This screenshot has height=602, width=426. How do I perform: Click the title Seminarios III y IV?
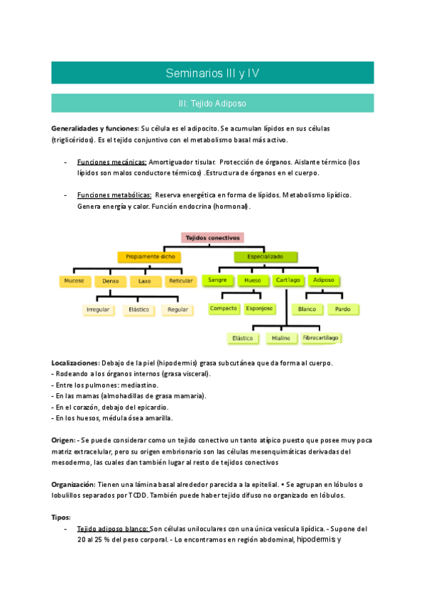coord(212,73)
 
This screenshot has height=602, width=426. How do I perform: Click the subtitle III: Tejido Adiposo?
coord(212,103)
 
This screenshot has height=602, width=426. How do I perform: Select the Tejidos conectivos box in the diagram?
coord(213,238)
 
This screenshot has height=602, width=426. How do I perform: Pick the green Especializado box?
coord(265,256)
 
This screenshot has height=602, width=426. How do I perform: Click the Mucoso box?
coord(75,280)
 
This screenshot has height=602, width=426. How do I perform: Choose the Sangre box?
coord(217,280)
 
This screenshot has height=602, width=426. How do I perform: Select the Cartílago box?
coord(288,280)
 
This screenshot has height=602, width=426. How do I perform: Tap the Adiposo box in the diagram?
coord(324,280)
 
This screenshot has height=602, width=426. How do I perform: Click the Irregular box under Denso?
coord(98,310)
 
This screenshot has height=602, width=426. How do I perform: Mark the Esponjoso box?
coord(260,309)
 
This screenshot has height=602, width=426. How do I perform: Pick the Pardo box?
coord(343,310)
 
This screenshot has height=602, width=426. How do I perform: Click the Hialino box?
coord(281,338)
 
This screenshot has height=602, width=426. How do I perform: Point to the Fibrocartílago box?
coord(321,338)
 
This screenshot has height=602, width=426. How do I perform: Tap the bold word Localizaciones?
coord(75,363)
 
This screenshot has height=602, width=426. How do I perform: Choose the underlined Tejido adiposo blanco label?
coord(112,529)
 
